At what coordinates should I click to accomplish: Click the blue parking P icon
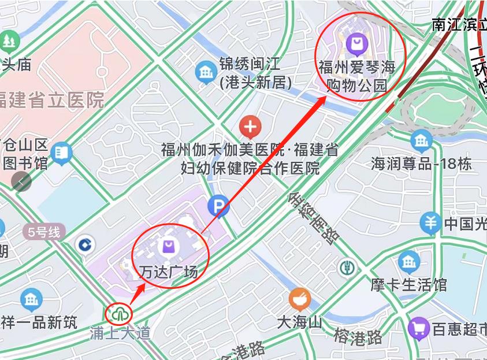point(218,205)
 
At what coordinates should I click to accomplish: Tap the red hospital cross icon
point(250,125)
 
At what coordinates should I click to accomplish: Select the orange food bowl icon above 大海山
point(300,299)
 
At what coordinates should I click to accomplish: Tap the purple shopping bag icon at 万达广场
point(168,247)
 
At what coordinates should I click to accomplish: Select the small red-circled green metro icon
point(120,314)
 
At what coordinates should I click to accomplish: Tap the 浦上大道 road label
point(120,333)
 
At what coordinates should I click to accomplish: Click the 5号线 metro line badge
point(44,233)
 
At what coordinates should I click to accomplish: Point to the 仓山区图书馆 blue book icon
point(61,153)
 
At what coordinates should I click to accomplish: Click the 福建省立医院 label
point(52,100)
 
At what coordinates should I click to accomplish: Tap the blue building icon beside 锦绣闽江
point(206,72)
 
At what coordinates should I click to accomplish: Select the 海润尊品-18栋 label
point(421,164)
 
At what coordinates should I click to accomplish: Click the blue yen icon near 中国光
point(430,222)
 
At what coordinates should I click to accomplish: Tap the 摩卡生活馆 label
point(408,285)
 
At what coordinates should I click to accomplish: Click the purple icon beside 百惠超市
point(418,328)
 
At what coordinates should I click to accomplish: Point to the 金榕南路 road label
point(313,219)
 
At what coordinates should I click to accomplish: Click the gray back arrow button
point(21,181)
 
